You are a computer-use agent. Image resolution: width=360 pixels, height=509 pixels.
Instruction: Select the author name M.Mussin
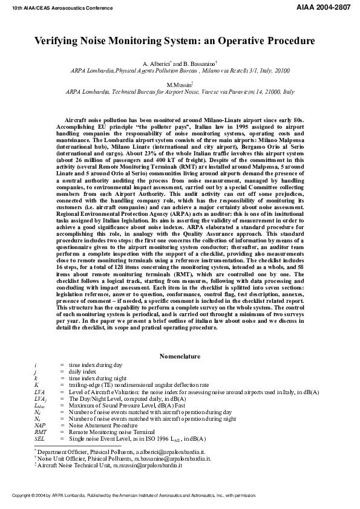point(179,85)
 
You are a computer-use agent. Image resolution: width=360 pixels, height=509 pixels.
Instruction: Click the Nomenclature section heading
point(180,357)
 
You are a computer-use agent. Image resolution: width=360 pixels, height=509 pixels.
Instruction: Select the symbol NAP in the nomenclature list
point(40,426)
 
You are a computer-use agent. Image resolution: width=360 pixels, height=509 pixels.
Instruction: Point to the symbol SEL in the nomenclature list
point(39,438)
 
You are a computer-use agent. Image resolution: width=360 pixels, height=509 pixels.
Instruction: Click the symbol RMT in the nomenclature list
point(40,432)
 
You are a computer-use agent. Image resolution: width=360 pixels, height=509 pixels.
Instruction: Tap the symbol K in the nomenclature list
point(36,384)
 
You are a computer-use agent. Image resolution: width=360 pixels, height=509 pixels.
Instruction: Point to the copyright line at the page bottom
point(130,495)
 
